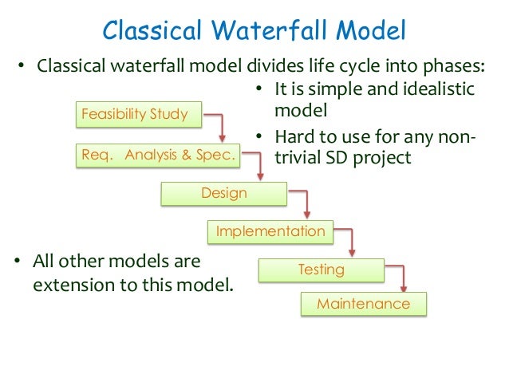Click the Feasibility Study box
point(135,114)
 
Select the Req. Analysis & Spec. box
point(160,155)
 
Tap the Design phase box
point(223,193)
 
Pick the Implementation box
point(270,231)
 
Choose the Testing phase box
point(321,270)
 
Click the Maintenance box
point(363,304)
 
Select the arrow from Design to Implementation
point(307,203)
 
